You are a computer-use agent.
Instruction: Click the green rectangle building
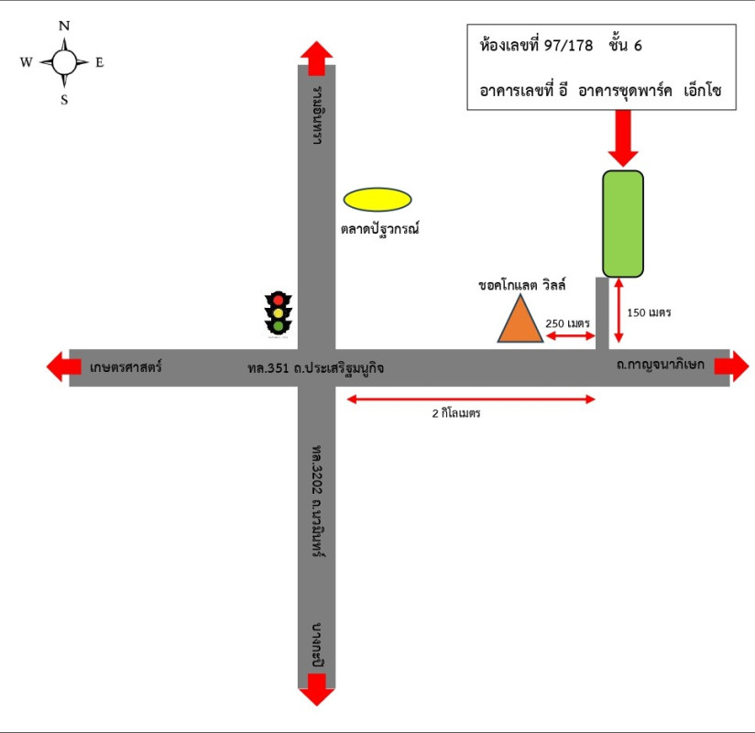click(x=623, y=223)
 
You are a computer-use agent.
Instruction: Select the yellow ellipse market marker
click(x=377, y=199)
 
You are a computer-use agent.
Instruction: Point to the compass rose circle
click(x=64, y=62)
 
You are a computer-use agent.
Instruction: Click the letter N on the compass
click(x=64, y=27)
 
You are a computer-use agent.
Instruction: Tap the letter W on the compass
click(x=26, y=62)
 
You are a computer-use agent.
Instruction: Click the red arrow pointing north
click(x=316, y=57)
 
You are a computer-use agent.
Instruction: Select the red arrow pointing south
click(x=316, y=689)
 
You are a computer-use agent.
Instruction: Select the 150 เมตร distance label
click(x=649, y=312)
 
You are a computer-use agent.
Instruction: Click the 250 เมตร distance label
click(x=568, y=323)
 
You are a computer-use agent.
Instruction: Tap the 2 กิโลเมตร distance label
click(x=457, y=413)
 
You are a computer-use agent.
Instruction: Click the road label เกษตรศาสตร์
click(x=126, y=367)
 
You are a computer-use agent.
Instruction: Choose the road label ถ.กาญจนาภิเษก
click(x=660, y=365)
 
